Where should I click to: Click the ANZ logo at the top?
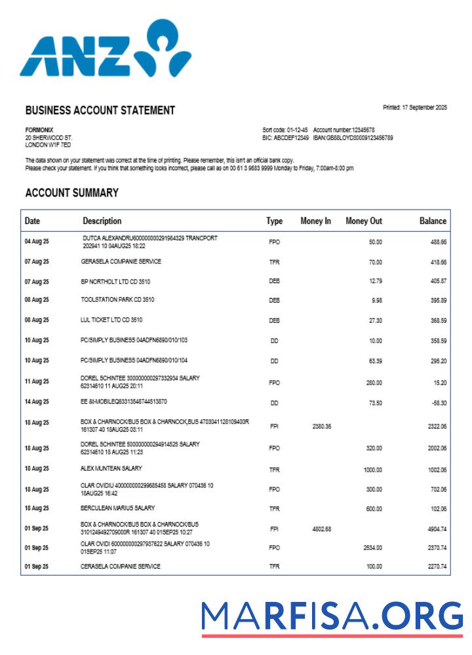click(105, 49)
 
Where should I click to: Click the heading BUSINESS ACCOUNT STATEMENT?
click(100, 111)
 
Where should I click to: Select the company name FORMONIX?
click(39, 130)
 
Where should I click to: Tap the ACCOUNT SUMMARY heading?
click(71, 193)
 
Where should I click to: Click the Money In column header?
click(315, 221)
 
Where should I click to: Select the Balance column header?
click(433, 221)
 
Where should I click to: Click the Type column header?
click(274, 221)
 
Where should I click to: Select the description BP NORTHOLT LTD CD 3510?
click(116, 281)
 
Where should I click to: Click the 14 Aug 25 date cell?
click(37, 402)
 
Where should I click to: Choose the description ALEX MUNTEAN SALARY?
click(111, 468)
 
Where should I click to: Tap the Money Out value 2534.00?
click(372, 548)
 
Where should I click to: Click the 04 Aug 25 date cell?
click(37, 242)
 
